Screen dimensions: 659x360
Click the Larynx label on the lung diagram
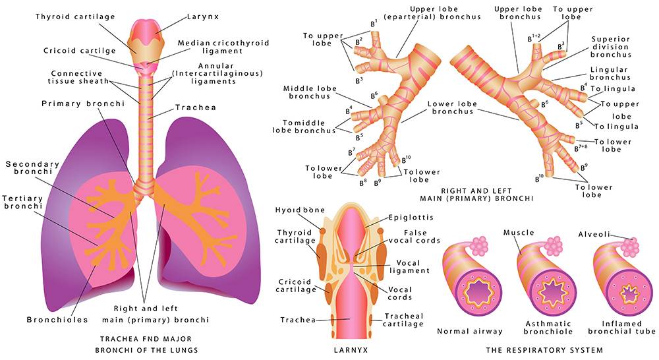click(202, 17)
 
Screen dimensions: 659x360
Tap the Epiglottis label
click(411, 218)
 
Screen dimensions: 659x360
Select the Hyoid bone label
click(300, 210)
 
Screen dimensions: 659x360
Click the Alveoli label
click(594, 234)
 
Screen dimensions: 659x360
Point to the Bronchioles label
click(57, 320)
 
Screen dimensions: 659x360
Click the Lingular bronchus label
click(610, 74)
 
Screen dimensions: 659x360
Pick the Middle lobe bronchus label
click(310, 92)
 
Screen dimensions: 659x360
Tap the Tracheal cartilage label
click(403, 320)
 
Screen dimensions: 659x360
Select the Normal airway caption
click(470, 332)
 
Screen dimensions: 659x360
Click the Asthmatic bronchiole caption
click(548, 328)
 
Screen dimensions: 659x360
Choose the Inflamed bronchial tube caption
click(621, 328)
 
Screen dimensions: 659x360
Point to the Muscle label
click(519, 233)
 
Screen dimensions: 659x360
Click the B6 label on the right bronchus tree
click(544, 104)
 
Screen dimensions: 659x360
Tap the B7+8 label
click(581, 148)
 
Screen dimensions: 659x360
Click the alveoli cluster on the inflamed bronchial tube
click(630, 247)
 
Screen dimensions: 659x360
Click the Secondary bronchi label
click(32, 168)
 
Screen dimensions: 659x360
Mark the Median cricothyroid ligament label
click(223, 47)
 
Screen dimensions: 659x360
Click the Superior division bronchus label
click(610, 47)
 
